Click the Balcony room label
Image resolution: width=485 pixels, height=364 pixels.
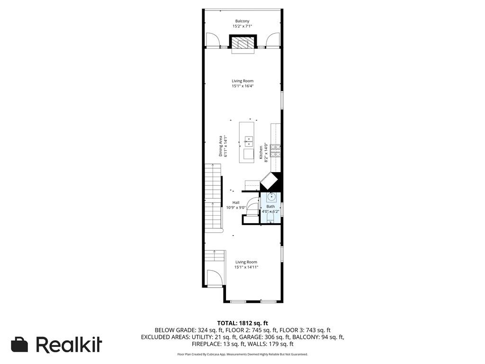point(242,21)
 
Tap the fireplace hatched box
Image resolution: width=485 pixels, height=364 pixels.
point(242,42)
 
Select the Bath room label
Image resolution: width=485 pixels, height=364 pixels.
point(270,207)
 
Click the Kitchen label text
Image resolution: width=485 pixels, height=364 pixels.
point(261,152)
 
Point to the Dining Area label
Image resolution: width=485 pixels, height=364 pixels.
point(221,146)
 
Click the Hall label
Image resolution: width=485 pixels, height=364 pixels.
point(236,203)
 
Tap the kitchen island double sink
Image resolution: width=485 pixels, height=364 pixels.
point(248,141)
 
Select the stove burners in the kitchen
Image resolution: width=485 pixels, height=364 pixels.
point(275,151)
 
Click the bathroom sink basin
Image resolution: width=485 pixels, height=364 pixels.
point(271,196)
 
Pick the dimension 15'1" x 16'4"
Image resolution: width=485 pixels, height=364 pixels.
point(243,86)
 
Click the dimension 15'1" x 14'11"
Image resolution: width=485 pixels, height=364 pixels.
point(246,267)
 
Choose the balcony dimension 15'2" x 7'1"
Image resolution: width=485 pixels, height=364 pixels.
point(242,27)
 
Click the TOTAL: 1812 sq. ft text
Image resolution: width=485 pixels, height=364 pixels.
point(242,323)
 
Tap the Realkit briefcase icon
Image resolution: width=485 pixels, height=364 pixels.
point(19,344)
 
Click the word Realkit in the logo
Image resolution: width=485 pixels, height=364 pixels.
point(69,344)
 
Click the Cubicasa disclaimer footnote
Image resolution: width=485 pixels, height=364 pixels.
point(242,354)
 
